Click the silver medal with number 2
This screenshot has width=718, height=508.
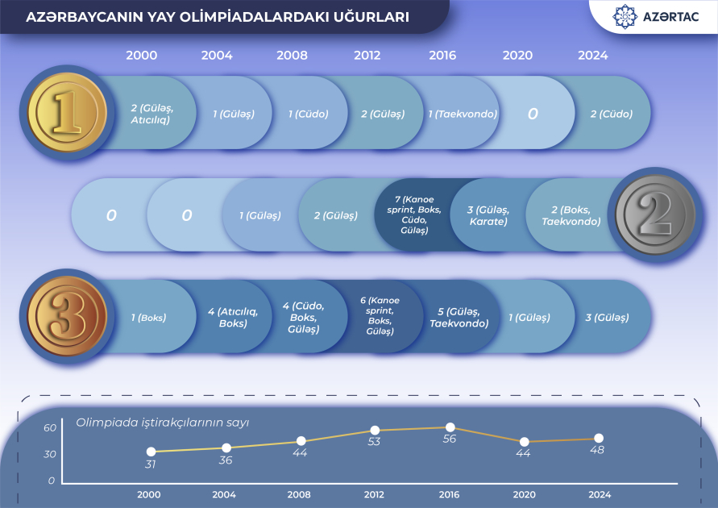click(x=655, y=214)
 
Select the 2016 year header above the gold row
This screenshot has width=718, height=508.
click(x=442, y=56)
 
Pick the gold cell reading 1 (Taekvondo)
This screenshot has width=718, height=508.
click(x=463, y=115)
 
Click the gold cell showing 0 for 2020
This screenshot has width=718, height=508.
click(x=533, y=114)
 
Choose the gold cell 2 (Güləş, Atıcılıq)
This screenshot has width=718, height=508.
click(x=151, y=114)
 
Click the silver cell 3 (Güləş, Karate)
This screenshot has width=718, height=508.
click(x=488, y=215)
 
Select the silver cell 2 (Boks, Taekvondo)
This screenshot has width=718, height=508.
click(x=571, y=215)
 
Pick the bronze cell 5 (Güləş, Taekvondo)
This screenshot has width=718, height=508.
click(x=459, y=318)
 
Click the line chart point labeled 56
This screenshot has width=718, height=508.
click(x=450, y=427)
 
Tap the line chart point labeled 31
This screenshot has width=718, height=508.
click(x=151, y=452)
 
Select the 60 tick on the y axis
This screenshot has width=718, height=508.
click(x=50, y=428)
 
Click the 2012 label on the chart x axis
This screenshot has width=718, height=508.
click(x=374, y=494)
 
